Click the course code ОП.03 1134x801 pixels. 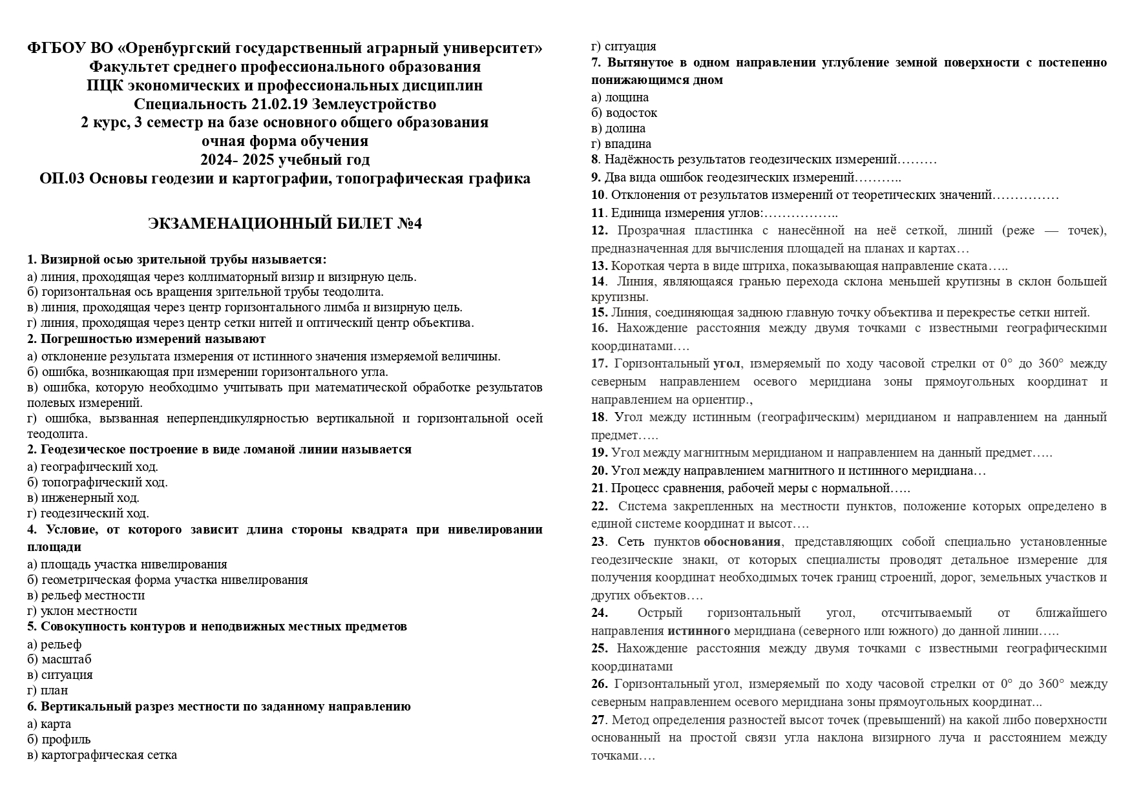(x=62, y=178)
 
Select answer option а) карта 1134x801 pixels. (x=49, y=723)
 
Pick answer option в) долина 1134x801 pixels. (x=618, y=128)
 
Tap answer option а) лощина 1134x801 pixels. (x=620, y=97)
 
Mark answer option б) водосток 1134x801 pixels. (x=624, y=112)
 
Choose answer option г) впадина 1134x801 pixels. (x=621, y=143)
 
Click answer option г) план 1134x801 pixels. (x=47, y=690)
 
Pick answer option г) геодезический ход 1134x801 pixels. (x=88, y=514)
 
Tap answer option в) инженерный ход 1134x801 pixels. (x=83, y=497)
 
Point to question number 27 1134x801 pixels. (x=598, y=720)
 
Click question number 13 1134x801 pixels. (x=599, y=265)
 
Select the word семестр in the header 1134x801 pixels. (x=176, y=123)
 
